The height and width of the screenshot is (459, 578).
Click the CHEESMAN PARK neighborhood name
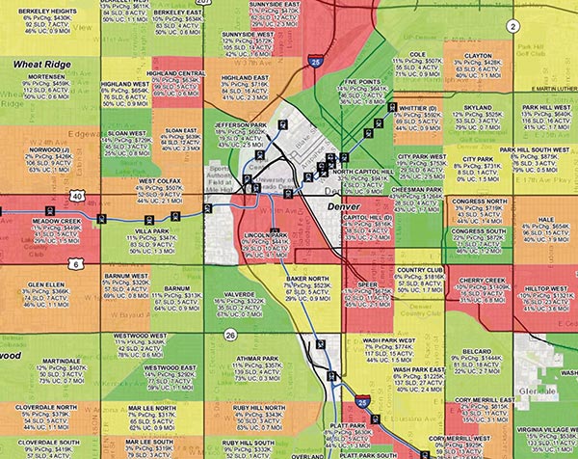[x=418, y=191]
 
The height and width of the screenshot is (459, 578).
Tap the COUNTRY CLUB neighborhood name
[x=418, y=270]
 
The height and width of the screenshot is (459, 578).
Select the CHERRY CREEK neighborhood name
[x=483, y=280]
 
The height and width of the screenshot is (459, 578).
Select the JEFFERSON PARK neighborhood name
[x=238, y=124]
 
